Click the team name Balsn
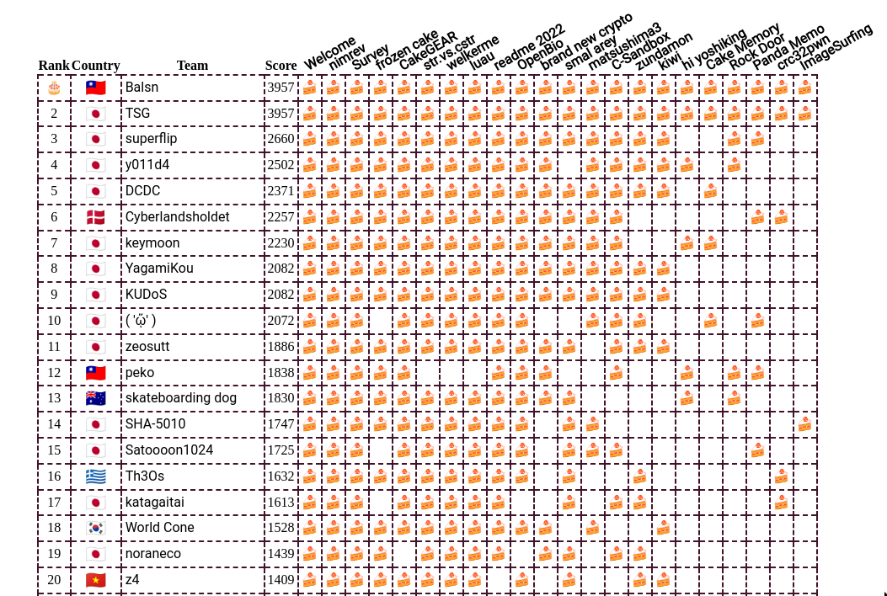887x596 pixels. (142, 87)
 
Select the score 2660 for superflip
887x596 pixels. (281, 139)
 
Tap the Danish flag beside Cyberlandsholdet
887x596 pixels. (95, 217)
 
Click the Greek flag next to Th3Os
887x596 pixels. (95, 476)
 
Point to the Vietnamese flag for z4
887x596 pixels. (95, 580)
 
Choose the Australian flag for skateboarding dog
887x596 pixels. (95, 398)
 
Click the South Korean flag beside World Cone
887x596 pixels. (95, 528)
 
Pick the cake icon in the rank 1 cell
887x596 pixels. (54, 88)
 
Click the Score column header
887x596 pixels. (281, 66)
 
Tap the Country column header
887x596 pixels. (95, 66)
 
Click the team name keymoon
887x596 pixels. (152, 243)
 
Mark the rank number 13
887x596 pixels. (54, 398)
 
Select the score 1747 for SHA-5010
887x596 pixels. (281, 424)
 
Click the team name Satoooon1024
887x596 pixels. (169, 450)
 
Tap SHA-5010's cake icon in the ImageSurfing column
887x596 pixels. (805, 424)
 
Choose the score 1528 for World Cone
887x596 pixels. (281, 528)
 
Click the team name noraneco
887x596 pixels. (153, 554)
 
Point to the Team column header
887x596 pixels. (192, 66)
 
